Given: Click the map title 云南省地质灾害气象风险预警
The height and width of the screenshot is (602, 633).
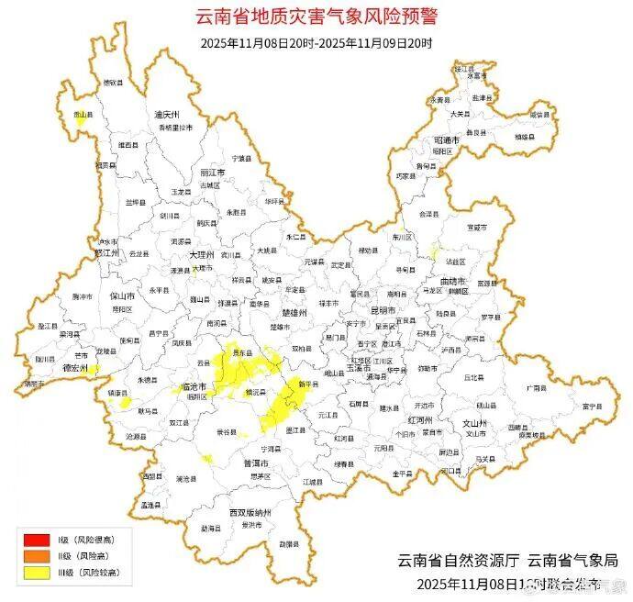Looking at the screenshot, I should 316,17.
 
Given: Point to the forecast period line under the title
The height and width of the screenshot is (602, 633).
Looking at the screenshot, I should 316,42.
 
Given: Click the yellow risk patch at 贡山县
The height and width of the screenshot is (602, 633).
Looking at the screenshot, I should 81,120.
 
